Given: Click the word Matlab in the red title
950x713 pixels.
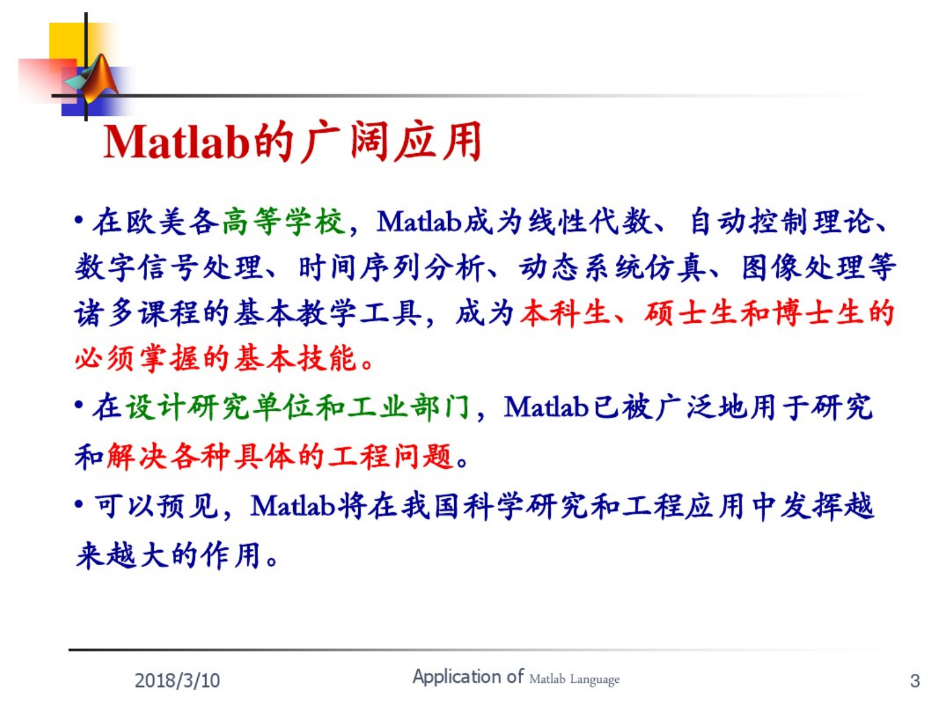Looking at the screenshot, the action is tap(177, 142).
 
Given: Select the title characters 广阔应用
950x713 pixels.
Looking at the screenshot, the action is tap(391, 141).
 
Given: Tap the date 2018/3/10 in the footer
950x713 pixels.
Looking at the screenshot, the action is tap(177, 680).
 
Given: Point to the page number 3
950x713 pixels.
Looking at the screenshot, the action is tap(915, 680).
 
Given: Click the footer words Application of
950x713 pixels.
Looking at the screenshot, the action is tap(468, 677).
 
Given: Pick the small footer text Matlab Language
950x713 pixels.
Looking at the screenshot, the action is tap(574, 679).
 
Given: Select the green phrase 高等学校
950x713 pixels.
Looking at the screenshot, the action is tap(284, 222).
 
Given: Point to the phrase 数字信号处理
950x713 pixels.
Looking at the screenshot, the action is tap(168, 268).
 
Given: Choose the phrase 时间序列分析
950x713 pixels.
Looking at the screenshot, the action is tap(391, 268).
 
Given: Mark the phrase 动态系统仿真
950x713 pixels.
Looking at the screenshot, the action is tap(615, 268).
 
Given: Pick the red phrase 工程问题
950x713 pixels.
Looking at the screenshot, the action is tap(390, 457).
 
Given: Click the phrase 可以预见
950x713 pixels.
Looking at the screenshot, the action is tap(156, 505).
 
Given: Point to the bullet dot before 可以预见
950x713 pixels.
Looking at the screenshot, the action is tap(79, 504).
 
